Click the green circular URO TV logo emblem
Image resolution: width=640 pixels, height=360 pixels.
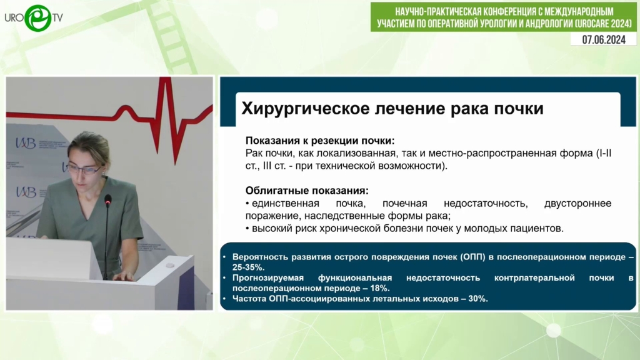click(38, 18)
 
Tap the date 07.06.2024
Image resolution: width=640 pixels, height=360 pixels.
click(604, 39)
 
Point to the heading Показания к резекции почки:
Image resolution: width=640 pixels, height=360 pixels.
click(320, 141)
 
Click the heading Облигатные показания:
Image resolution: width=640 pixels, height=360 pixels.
click(307, 191)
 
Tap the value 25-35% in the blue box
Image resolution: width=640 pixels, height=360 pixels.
click(248, 267)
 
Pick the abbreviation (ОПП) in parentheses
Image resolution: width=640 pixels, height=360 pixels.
click(472, 257)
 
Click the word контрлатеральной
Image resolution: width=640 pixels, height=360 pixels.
click(534, 278)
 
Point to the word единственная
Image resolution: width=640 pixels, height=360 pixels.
click(285, 203)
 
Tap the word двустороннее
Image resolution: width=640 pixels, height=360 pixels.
click(577, 203)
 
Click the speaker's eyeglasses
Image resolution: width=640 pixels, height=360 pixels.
click(85, 169)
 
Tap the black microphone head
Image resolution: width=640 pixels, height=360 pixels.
click(108, 199)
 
